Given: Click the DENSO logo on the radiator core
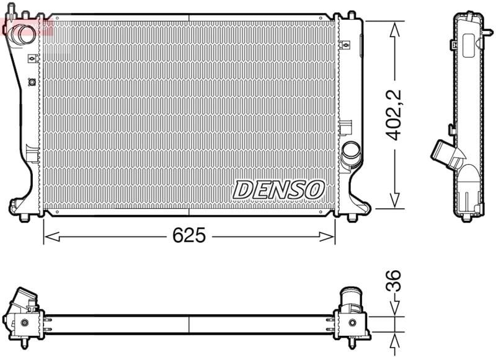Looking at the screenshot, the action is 278,190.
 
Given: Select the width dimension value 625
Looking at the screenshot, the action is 189,235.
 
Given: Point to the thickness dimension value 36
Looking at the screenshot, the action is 394,280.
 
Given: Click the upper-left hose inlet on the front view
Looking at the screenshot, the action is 22,34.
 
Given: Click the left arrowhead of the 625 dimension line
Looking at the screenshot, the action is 51,237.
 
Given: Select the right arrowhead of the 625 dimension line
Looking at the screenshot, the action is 327,237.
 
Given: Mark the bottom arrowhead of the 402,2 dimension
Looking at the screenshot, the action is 394,200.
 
